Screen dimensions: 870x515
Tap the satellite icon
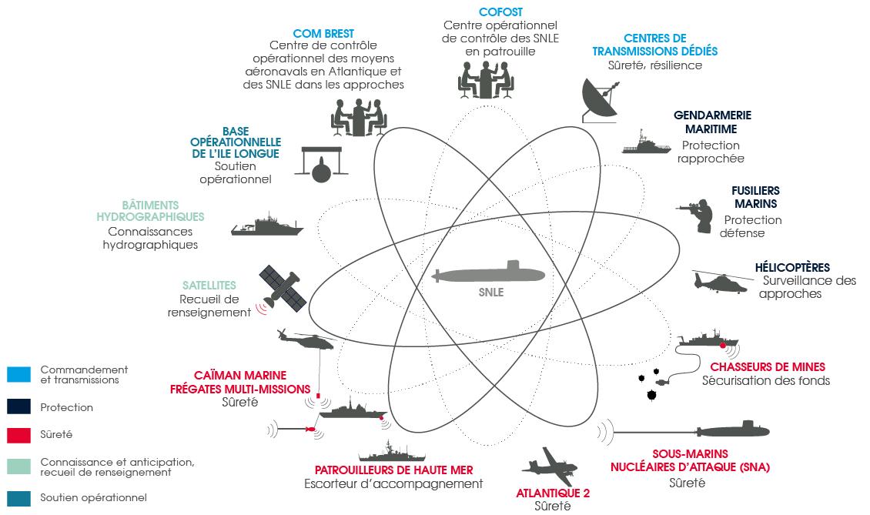[x=283, y=287]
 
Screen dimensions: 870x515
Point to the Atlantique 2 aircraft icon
[x=549, y=467]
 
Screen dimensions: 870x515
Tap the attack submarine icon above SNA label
[x=732, y=430]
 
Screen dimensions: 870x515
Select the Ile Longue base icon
[x=322, y=165]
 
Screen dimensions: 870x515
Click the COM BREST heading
[x=323, y=34]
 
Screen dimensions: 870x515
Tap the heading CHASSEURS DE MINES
[x=768, y=367]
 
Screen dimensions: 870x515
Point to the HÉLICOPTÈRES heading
[x=792, y=267]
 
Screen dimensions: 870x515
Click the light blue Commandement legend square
[x=19, y=374]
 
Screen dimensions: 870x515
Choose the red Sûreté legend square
[x=19, y=435]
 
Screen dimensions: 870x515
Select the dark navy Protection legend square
[x=19, y=406]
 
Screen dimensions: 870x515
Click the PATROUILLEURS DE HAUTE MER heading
[x=394, y=470]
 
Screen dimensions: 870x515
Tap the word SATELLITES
[x=209, y=286]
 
